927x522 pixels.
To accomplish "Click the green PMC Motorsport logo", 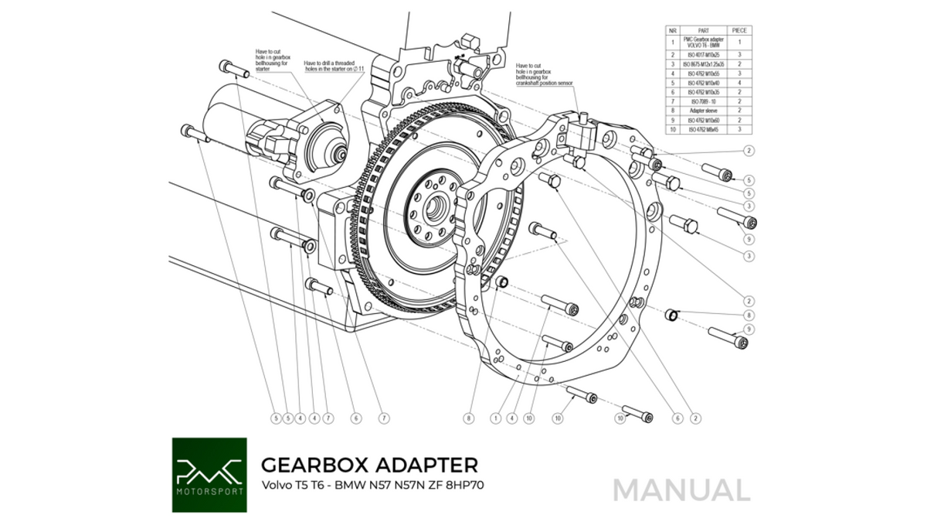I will tap(209, 475).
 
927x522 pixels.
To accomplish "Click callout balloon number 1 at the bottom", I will tap(495, 418).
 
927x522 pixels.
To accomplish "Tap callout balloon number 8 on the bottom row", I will tap(467, 418).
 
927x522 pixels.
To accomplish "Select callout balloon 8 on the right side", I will tap(749, 316).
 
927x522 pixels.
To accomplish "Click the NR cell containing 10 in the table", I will tap(672, 129).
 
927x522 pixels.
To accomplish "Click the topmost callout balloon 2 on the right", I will tap(749, 150).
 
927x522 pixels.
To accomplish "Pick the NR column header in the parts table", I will tap(672, 30).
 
